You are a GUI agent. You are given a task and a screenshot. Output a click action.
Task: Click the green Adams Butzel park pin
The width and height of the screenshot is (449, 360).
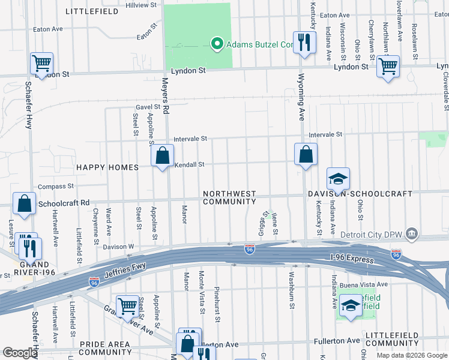(x=216, y=43)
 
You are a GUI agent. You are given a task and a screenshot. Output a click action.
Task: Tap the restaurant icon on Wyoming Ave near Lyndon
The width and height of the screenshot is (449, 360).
(x=305, y=43)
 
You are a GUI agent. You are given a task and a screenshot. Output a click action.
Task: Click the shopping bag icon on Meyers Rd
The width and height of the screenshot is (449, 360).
(x=162, y=157)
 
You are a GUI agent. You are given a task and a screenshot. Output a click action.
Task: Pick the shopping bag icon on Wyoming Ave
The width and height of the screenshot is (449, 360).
(x=306, y=154)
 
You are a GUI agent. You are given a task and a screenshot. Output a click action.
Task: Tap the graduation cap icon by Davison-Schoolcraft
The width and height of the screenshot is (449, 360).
(x=338, y=179)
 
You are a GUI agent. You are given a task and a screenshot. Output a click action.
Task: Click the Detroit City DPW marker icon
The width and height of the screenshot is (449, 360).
(x=412, y=233)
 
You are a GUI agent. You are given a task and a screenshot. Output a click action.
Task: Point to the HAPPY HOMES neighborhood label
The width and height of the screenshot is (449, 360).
(x=106, y=167)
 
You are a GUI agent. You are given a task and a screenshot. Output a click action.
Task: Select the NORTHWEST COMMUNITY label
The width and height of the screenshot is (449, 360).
(x=229, y=198)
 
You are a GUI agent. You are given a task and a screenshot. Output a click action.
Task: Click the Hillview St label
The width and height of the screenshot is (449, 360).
(x=141, y=5)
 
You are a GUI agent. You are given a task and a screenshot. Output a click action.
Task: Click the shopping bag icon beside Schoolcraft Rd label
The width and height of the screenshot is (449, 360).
(x=25, y=204)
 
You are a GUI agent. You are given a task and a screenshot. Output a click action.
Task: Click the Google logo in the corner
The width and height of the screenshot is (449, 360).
(x=20, y=353)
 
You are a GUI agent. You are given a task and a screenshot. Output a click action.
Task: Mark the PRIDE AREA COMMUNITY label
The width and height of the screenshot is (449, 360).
(x=104, y=348)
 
